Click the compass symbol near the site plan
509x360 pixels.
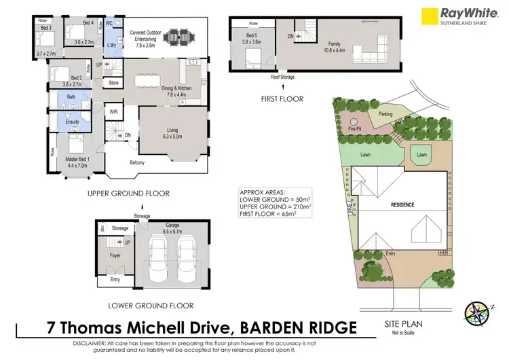click(476, 312)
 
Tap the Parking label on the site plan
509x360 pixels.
click(385, 114)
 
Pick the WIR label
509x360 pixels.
click(114, 111)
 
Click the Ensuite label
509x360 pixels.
click(72, 122)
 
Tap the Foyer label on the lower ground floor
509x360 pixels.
click(115, 256)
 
